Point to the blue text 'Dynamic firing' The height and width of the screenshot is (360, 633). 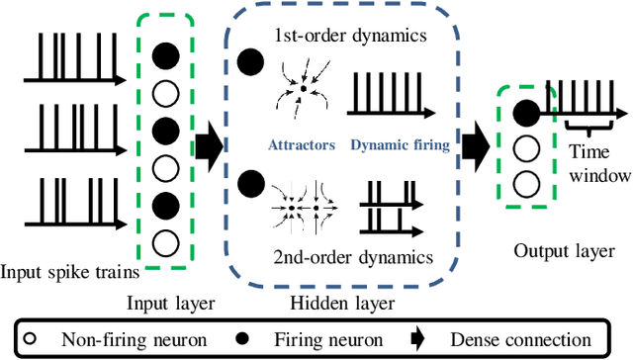(x=399, y=144)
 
